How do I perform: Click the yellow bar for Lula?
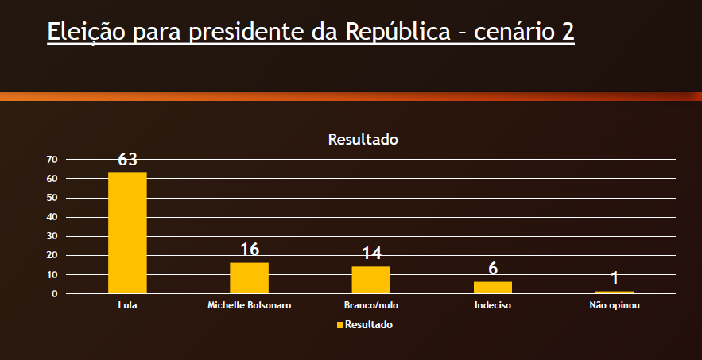pos(127,233)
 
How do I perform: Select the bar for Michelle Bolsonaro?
pos(249,277)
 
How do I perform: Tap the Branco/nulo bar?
pos(371,280)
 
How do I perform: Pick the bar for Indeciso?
pos(493,288)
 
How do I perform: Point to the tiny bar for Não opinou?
pos(615,292)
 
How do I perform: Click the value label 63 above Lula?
pos(127,160)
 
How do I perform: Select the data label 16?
pos(250,250)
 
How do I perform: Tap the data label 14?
pos(371,254)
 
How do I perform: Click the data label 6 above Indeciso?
pos(493,269)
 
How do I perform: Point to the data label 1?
pos(615,278)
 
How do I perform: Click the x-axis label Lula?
pos(127,305)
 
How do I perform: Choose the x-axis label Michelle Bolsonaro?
pos(249,305)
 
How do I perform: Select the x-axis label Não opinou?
pos(615,305)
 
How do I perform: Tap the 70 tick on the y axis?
pos(52,160)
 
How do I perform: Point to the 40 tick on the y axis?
pos(52,217)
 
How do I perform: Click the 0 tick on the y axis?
pos(54,294)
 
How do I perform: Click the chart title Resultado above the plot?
pos(363,139)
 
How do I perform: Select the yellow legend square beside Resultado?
pos(340,325)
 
